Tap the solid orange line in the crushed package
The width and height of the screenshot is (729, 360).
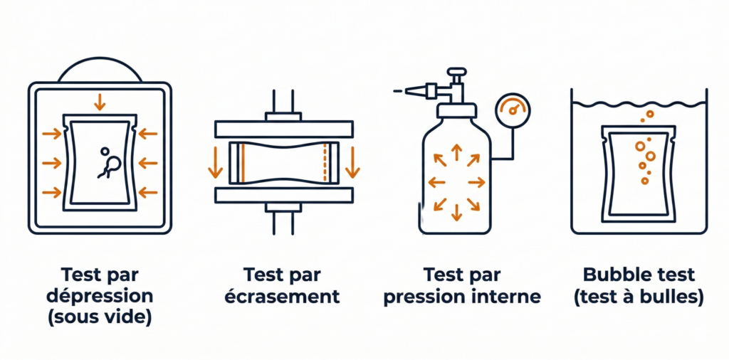[242, 163]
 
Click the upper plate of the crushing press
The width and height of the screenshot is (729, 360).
[284, 129]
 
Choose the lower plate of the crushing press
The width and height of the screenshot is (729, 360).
[284, 196]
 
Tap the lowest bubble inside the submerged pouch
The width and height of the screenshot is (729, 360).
[645, 181]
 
